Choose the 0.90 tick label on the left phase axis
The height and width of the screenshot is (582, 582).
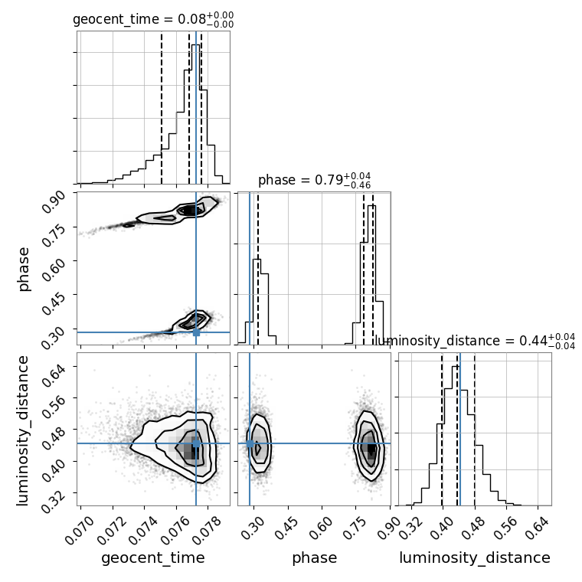(x=54, y=201)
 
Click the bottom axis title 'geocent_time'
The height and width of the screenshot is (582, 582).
(x=153, y=557)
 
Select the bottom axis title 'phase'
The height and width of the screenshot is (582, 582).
(x=315, y=557)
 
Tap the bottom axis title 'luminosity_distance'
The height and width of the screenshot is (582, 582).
(x=475, y=557)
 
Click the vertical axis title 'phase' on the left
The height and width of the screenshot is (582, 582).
(x=23, y=269)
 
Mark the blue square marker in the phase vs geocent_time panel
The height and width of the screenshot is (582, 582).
(x=196, y=332)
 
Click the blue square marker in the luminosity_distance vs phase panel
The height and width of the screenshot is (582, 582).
(x=250, y=443)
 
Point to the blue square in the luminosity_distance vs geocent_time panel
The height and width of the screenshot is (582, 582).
(x=196, y=443)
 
